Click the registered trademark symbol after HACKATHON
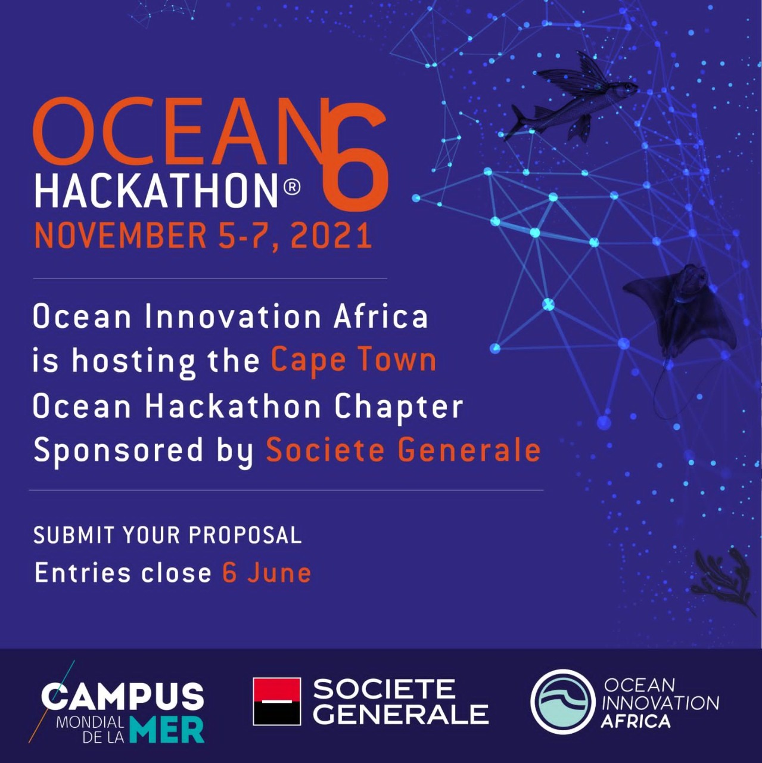pos(292,188)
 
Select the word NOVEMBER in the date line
pos(120,235)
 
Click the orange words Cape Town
pos(353,361)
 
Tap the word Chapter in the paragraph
pos(399,407)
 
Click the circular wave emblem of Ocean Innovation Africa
pos(562,701)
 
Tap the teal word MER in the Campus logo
pos(167,731)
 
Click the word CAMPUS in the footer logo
pos(122,696)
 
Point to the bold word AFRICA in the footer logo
pos(635,721)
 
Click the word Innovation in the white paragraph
pos(233,317)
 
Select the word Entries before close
pos(82,573)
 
